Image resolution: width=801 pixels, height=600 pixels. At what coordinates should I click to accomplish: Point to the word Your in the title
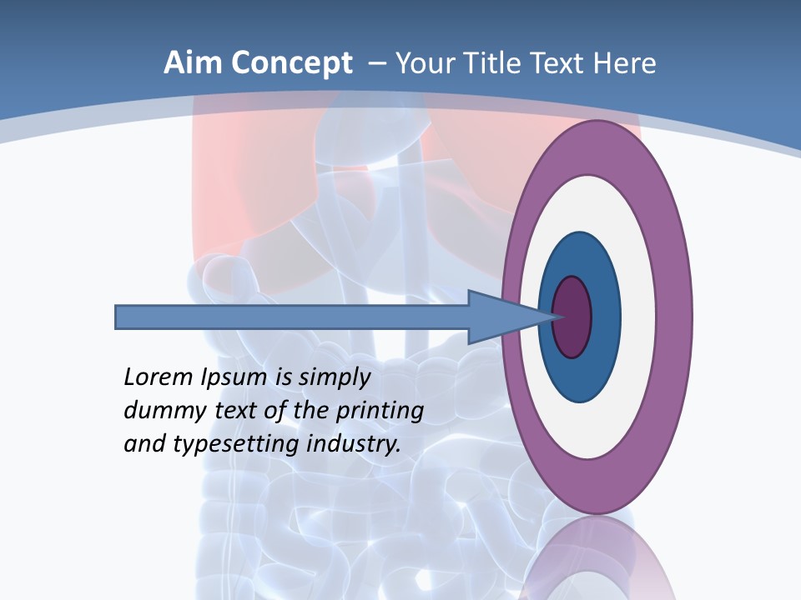(x=425, y=63)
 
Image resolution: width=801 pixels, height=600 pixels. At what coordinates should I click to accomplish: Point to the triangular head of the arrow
(x=492, y=317)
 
